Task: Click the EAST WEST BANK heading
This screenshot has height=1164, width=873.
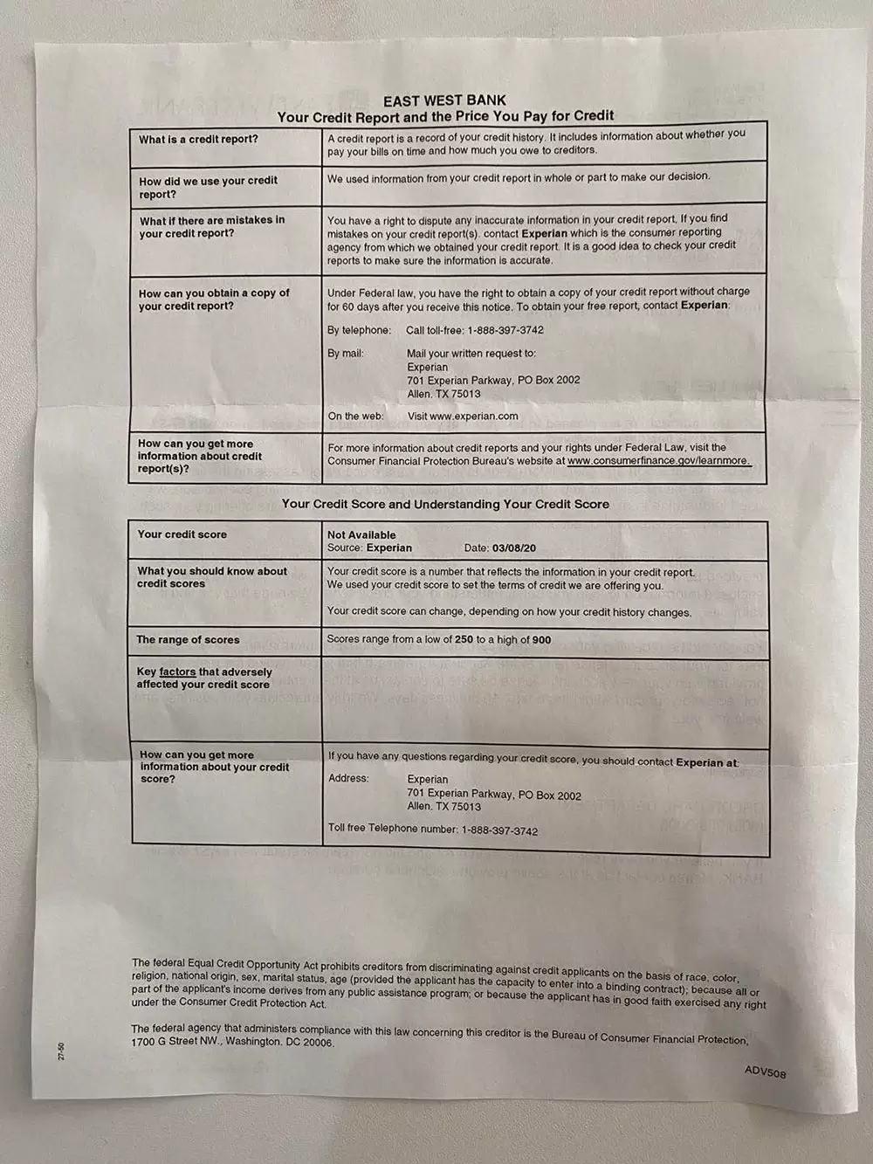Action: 444,100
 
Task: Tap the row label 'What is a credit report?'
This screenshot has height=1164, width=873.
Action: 198,140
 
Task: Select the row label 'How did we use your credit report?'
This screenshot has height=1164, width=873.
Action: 208,187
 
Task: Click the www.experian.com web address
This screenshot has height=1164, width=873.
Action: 474,417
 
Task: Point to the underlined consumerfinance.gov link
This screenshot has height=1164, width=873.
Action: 658,461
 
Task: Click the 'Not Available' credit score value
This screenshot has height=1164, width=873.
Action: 361,534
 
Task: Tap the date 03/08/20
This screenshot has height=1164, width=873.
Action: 514,548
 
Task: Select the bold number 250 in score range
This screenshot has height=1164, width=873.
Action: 464,639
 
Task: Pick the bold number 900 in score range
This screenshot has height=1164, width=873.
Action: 541,640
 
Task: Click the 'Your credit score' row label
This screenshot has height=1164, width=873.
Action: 182,534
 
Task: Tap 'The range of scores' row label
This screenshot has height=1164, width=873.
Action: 187,640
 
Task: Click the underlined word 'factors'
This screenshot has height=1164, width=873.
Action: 177,672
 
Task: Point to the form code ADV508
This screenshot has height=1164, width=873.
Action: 765,1072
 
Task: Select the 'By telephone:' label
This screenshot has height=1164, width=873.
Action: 359,331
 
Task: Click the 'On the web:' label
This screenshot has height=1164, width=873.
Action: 355,417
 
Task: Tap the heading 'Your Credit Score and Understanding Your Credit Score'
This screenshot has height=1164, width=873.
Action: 445,504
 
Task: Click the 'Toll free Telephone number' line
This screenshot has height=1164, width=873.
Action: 433,829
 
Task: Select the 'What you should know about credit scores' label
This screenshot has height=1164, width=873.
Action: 211,577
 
